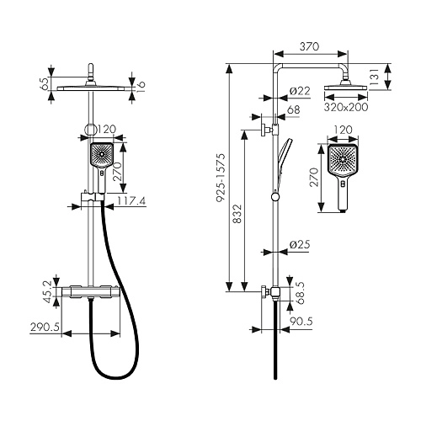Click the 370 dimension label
point(309,46)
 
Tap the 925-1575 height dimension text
point(221,178)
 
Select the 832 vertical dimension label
point(237,214)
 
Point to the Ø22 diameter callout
point(300,91)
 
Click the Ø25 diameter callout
point(300,244)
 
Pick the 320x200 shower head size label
point(346,107)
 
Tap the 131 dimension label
point(375,77)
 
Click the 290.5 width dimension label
point(45,327)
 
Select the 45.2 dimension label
point(49,292)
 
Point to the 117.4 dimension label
point(131,201)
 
